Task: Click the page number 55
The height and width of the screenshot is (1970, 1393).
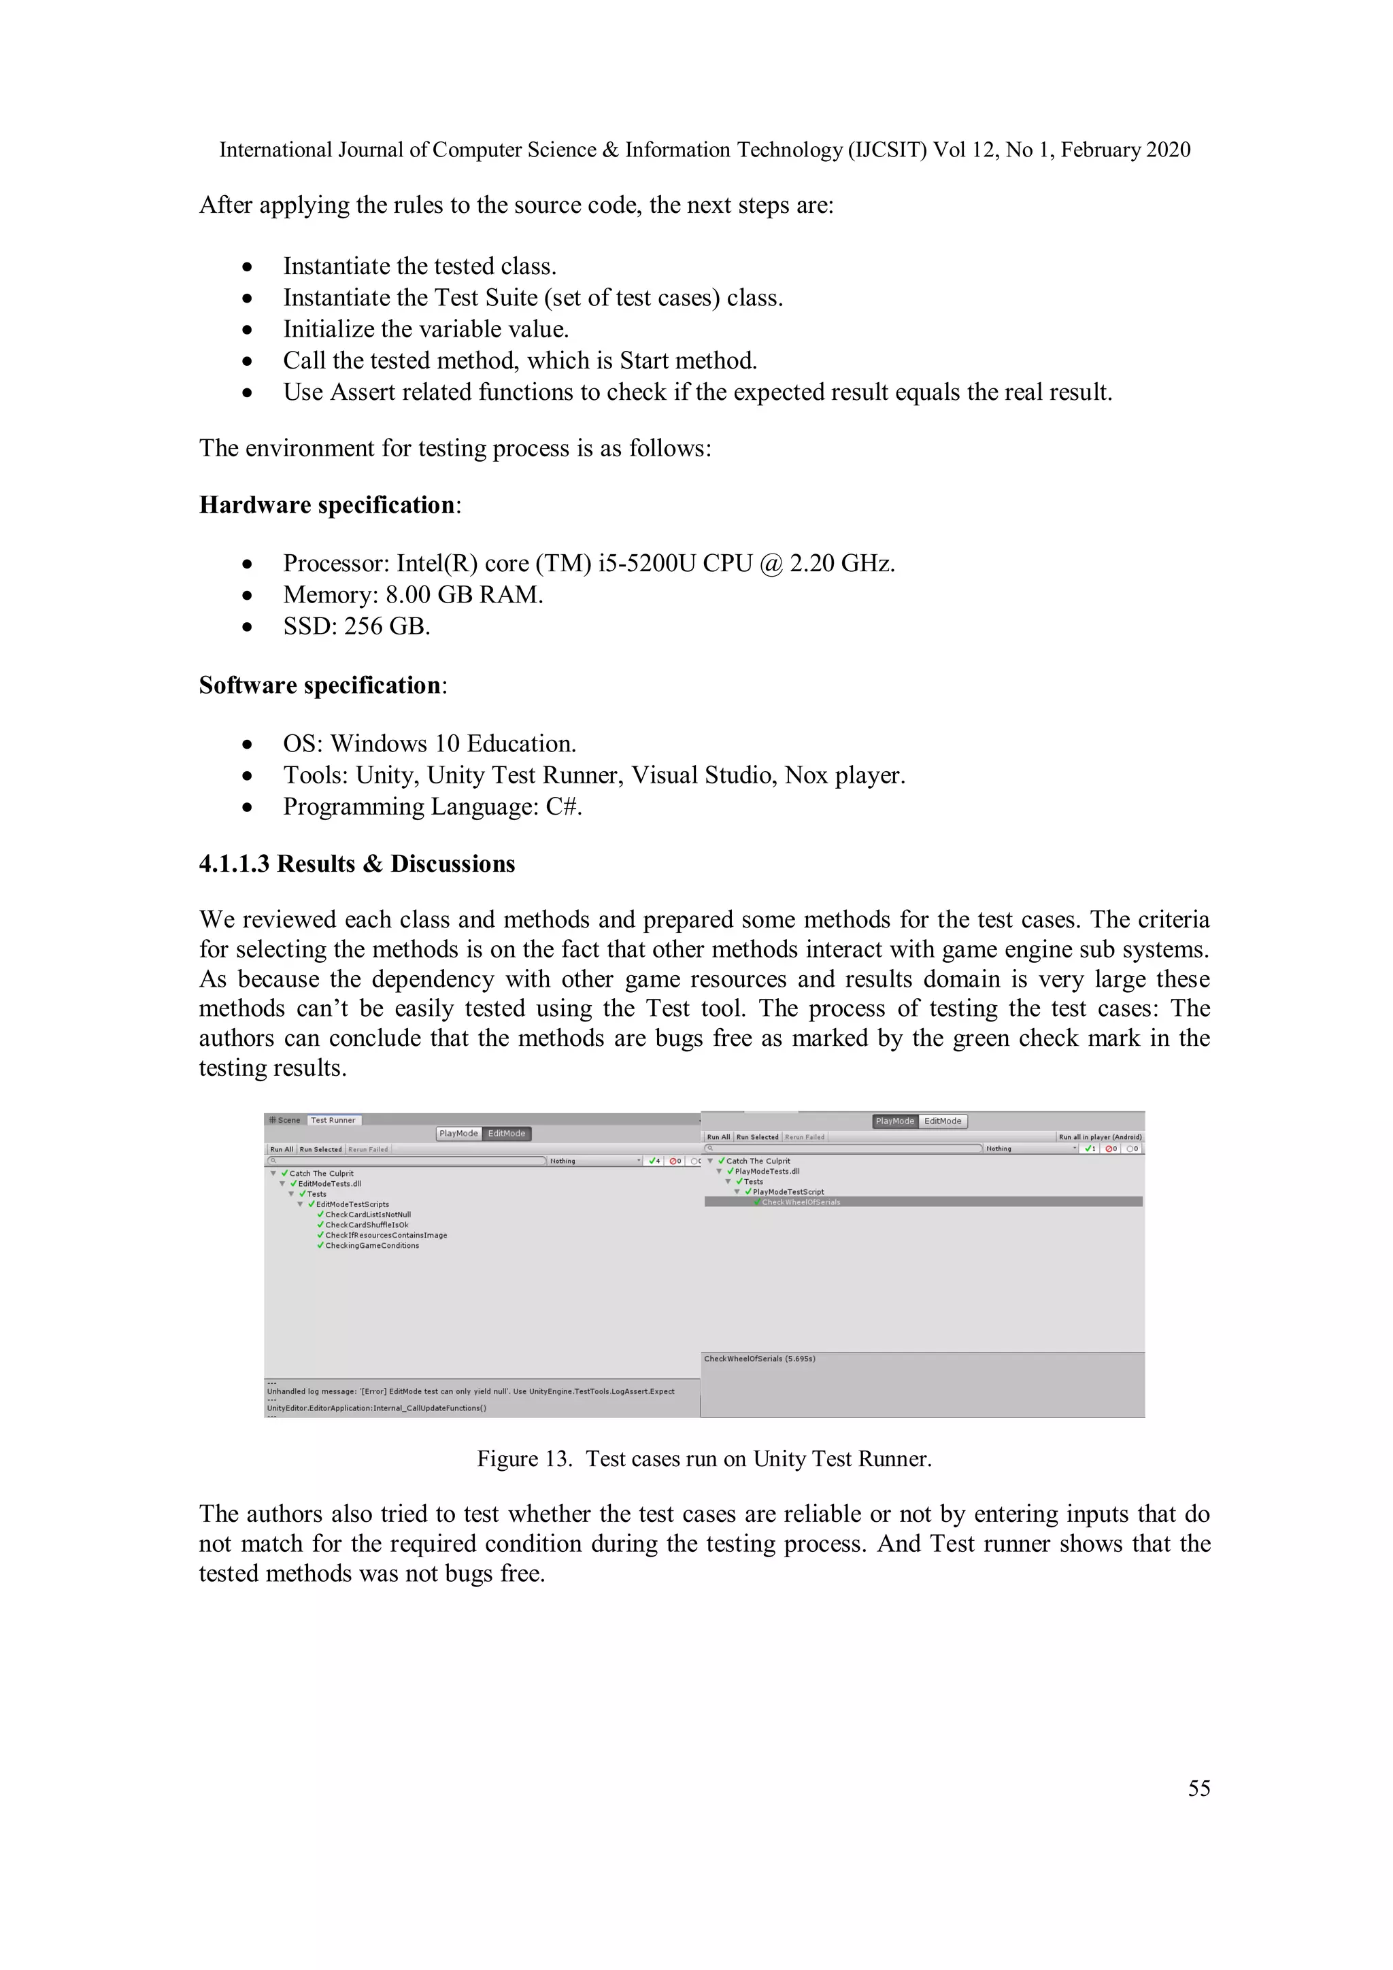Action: click(x=1198, y=1787)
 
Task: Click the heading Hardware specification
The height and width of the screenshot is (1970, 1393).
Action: click(x=327, y=505)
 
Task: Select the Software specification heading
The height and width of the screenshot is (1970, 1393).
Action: click(x=320, y=685)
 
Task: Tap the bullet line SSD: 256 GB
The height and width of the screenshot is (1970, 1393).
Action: click(x=356, y=626)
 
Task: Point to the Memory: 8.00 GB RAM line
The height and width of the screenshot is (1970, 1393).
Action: click(x=413, y=594)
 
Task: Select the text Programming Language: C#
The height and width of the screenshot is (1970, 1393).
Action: click(x=433, y=806)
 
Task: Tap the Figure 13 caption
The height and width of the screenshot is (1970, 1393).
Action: click(x=704, y=1459)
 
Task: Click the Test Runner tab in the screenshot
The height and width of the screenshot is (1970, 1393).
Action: click(x=333, y=1120)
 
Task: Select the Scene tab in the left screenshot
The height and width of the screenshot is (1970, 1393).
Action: click(x=286, y=1120)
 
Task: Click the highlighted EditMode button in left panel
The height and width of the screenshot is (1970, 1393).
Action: click(x=506, y=1134)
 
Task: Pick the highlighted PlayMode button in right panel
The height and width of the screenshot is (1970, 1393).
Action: click(x=894, y=1121)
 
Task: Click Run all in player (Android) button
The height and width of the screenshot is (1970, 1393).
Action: click(x=1099, y=1137)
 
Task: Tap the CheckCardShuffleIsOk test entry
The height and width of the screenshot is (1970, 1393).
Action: click(x=367, y=1225)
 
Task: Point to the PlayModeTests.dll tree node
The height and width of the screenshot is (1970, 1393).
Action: click(x=767, y=1171)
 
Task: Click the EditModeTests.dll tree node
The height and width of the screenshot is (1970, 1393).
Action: click(x=330, y=1183)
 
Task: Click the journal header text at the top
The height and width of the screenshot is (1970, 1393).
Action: click(x=704, y=150)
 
